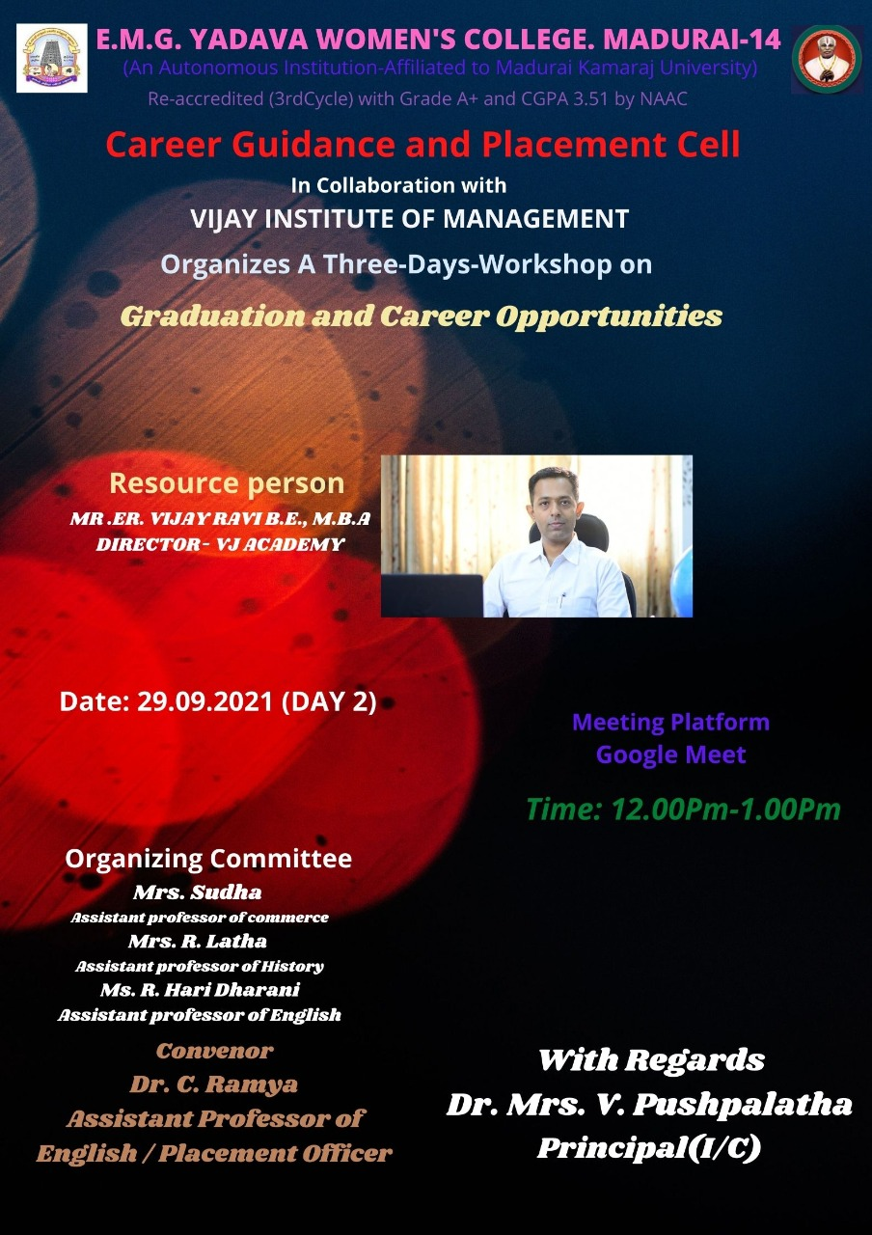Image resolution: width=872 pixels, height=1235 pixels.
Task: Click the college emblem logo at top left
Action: coord(52,58)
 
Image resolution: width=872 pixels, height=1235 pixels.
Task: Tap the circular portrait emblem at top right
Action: coord(826,59)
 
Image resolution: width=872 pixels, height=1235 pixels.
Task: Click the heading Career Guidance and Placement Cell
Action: coord(422,145)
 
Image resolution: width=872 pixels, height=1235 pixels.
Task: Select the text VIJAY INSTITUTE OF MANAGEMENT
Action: coord(410,219)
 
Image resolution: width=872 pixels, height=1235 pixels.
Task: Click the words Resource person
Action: coord(227,483)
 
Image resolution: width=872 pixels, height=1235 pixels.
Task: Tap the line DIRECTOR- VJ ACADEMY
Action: coord(220,545)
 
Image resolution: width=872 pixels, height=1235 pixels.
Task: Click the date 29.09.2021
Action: coord(205,701)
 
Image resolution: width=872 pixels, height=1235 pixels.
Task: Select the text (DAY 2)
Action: coord(329,702)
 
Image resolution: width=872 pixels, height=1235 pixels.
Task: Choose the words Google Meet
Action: coord(670,755)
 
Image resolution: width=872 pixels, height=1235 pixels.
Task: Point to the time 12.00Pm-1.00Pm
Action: coord(726,810)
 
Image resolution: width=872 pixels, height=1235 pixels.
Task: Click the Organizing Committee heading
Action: coord(208,859)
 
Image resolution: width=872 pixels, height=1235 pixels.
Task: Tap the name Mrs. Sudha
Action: coord(198,892)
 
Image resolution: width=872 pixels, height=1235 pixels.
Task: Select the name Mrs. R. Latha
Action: coord(198,941)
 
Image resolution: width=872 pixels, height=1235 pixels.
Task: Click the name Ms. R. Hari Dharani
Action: coord(200,990)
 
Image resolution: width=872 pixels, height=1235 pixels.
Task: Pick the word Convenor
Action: coord(214,1051)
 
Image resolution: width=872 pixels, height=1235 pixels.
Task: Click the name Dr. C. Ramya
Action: coord(214,1084)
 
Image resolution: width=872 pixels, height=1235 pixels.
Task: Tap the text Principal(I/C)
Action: coord(649,1148)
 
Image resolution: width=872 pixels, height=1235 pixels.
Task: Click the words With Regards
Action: coord(651,1059)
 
